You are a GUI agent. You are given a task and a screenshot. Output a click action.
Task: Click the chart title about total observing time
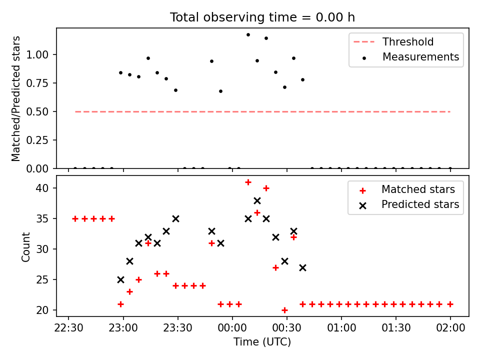(262, 17)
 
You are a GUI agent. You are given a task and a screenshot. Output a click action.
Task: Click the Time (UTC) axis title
(262, 342)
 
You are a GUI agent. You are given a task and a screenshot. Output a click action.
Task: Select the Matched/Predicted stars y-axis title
(16, 98)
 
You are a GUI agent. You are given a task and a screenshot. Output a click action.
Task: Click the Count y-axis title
(26, 246)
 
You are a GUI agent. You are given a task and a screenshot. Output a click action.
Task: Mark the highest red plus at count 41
(248, 182)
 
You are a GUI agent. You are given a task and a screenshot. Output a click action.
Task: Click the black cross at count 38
(257, 200)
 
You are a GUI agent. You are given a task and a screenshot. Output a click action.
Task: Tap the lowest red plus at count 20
(284, 310)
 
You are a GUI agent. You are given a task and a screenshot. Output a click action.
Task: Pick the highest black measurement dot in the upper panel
(248, 34)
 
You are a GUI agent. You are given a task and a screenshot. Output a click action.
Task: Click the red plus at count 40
(266, 188)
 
